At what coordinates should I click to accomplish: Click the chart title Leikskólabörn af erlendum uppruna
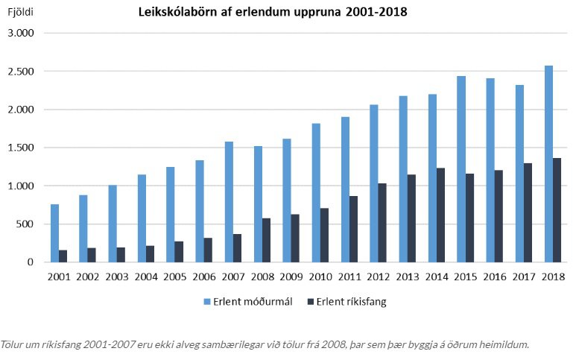(271, 13)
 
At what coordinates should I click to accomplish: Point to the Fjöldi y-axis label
(19, 13)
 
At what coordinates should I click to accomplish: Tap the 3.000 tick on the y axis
(20, 34)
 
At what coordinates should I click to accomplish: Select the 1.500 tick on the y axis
(20, 148)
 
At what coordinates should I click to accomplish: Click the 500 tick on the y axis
(26, 224)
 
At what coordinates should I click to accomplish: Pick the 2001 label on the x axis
(59, 277)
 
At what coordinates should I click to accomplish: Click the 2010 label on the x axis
(320, 277)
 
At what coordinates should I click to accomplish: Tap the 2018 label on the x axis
(553, 277)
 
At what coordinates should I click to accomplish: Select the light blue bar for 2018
(548, 164)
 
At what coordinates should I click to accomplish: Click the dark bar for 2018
(557, 210)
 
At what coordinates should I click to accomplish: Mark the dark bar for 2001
(63, 256)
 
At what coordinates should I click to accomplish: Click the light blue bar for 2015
(461, 169)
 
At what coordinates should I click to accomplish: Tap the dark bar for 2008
(267, 240)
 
